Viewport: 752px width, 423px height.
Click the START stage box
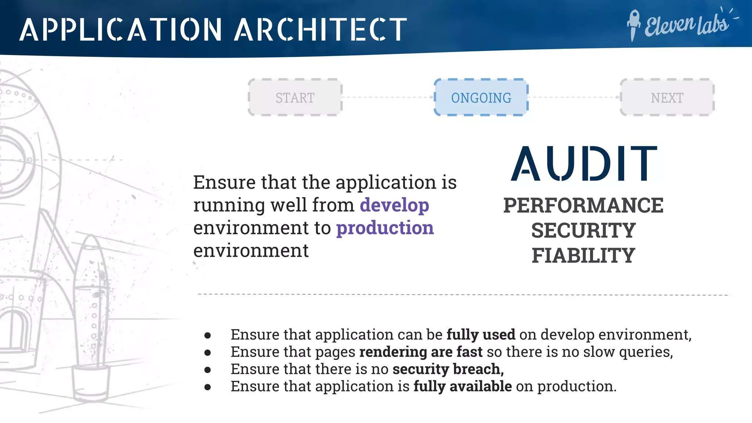point(295,98)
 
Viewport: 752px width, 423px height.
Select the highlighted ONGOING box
point(481,98)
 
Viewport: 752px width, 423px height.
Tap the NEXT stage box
point(667,98)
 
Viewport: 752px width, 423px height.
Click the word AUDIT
point(584,164)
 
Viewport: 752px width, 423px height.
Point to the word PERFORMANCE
point(583,205)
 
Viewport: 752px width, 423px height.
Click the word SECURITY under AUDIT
point(583,231)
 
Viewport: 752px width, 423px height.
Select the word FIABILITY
point(583,256)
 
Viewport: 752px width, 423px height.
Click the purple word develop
point(394,205)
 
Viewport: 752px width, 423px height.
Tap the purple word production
point(385,228)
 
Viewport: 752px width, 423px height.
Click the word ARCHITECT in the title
point(321,29)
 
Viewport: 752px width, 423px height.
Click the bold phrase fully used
point(481,335)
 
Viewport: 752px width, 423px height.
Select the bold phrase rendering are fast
point(421,352)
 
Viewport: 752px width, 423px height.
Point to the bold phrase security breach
point(448,369)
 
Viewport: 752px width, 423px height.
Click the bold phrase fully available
point(462,386)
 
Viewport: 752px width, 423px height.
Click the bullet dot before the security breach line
point(208,370)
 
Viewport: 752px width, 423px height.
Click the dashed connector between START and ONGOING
point(388,98)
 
